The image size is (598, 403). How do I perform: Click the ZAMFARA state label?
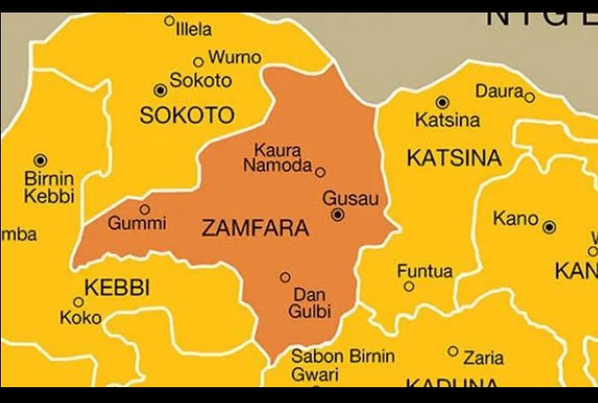click(255, 228)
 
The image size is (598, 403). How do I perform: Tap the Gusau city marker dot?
click(338, 214)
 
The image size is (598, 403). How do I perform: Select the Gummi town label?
click(138, 224)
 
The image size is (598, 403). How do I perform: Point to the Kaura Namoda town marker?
click(320, 172)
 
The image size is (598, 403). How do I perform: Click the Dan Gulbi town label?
click(310, 303)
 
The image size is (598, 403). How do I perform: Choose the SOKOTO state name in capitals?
click(187, 116)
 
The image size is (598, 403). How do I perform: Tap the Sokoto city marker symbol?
click(161, 90)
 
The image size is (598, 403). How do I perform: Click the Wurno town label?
click(234, 58)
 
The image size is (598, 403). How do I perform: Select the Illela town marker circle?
click(169, 21)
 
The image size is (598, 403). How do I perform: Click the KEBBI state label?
click(117, 288)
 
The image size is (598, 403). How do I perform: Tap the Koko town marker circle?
click(78, 302)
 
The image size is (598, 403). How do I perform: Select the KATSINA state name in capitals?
click(454, 158)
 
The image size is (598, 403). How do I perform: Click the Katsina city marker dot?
click(442, 103)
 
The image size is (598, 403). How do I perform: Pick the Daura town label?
click(499, 90)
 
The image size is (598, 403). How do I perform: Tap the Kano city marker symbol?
click(549, 227)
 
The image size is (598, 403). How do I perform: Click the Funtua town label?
click(425, 271)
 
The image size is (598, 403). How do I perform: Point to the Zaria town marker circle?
click(453, 351)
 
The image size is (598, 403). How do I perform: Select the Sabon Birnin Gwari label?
click(342, 365)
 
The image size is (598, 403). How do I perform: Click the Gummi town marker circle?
click(144, 209)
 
